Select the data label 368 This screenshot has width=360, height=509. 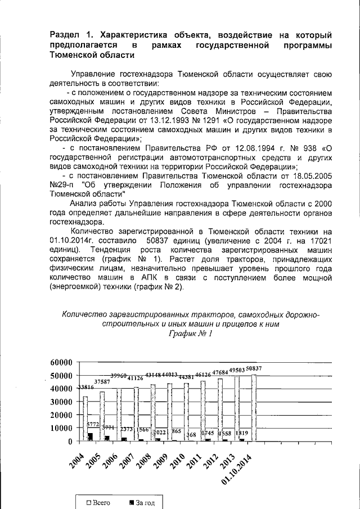[191, 434]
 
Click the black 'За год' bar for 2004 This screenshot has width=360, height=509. [90, 436]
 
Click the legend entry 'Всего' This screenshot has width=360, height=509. [98, 502]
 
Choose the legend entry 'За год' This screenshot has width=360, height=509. [138, 502]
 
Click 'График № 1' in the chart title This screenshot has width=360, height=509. [190, 335]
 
